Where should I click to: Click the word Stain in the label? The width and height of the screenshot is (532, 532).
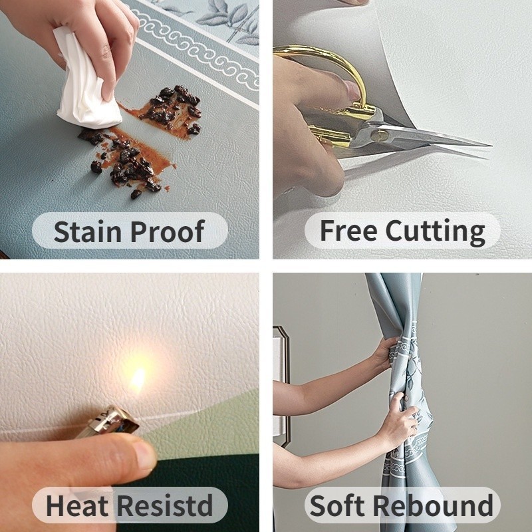(88, 231)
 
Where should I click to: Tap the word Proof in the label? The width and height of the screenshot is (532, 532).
(168, 231)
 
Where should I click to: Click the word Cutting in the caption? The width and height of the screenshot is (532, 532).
(436, 232)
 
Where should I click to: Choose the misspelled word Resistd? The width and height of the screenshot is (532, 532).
(165, 505)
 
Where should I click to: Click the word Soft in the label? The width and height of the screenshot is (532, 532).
(337, 505)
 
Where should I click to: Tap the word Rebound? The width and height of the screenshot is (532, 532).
(434, 505)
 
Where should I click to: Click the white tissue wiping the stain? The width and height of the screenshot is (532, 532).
(86, 81)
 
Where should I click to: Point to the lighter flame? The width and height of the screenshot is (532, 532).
(138, 378)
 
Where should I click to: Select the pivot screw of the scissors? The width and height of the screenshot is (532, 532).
(379, 136)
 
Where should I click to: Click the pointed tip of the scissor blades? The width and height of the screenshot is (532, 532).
(491, 146)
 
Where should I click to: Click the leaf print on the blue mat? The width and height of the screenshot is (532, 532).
(231, 19)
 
